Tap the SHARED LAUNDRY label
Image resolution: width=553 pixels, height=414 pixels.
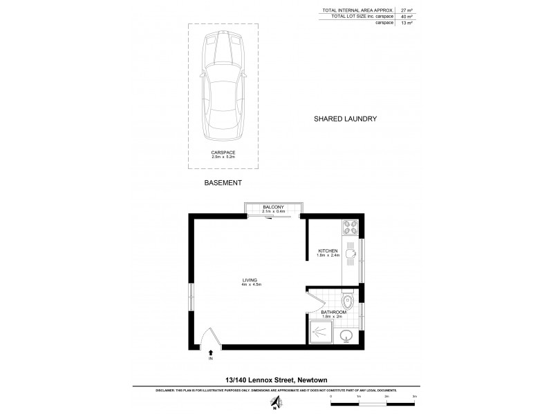(x=345, y=119)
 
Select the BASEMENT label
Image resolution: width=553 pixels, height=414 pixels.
(x=223, y=183)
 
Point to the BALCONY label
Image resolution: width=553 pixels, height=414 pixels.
(x=274, y=206)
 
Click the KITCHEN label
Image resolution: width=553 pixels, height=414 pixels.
(x=327, y=250)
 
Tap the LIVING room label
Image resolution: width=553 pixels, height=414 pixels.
(x=250, y=279)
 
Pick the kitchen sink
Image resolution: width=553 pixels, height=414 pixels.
(x=350, y=253)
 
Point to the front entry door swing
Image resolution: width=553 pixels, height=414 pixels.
(x=209, y=338)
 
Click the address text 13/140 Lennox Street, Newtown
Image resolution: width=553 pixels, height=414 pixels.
(x=275, y=379)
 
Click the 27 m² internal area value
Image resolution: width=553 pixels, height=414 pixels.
(x=407, y=10)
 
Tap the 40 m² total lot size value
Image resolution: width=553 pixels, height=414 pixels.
(x=407, y=17)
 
